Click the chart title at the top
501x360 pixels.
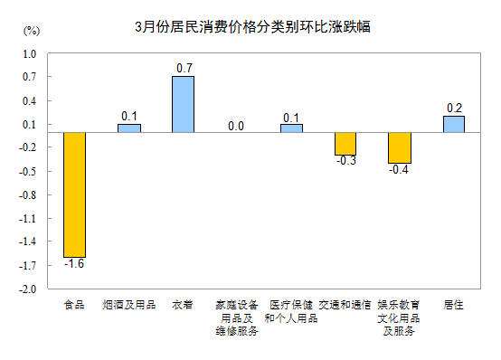(250, 27)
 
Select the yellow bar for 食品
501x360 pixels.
(74, 194)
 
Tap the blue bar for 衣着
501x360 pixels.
(183, 104)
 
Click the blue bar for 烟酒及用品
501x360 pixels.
(128, 128)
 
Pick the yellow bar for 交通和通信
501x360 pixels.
(345, 144)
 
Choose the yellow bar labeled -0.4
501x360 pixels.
(400, 147)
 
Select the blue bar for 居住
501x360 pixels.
(454, 124)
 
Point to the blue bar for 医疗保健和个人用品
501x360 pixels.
(291, 128)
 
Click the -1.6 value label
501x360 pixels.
(74, 263)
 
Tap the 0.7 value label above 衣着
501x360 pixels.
(183, 68)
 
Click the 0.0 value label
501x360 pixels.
(237, 126)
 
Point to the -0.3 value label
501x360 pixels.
(345, 161)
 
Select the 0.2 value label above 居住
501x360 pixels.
(454, 109)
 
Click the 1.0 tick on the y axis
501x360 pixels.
(28, 53)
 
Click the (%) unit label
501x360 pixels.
(31, 31)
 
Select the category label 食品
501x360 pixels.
(74, 305)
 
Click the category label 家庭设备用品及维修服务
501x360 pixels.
(237, 317)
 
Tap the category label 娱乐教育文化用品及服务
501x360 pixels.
(400, 317)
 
